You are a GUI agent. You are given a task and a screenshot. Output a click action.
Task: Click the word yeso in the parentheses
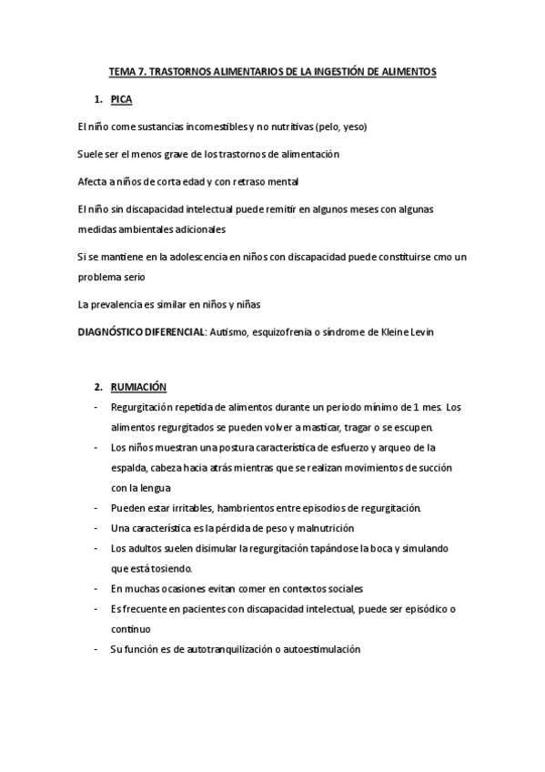point(351,126)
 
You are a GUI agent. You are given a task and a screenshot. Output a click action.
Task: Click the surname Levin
point(421,332)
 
